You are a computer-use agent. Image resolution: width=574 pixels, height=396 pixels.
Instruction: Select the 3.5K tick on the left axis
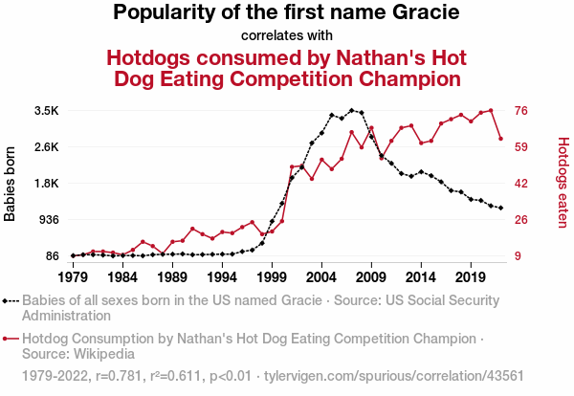coord(46,111)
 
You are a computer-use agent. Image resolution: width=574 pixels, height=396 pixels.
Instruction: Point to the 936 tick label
coord(48,220)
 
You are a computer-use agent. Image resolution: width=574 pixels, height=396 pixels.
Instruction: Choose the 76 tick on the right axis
coord(523,111)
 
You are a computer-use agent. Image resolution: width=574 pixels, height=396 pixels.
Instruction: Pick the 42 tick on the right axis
coord(523,184)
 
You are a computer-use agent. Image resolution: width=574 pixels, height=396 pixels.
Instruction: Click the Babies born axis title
coord(11,184)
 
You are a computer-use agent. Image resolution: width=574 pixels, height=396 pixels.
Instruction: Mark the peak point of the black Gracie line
coord(351,110)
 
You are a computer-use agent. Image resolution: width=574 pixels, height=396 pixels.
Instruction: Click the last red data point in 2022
coord(500,139)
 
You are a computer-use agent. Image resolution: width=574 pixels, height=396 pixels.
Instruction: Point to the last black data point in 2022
coord(500,208)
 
